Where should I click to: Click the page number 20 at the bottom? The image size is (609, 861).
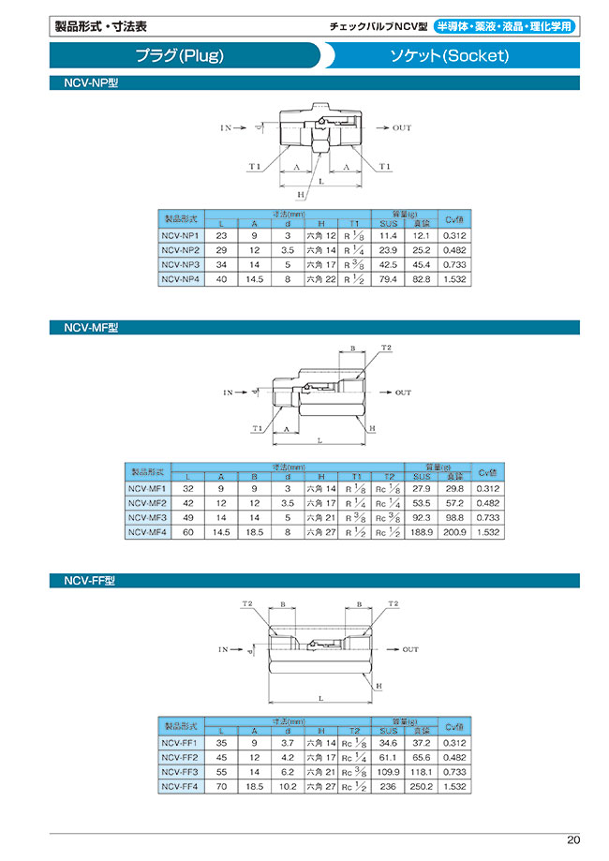point(573,839)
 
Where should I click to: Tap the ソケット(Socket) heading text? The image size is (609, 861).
point(449,55)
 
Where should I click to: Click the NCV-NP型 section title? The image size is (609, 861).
point(90,83)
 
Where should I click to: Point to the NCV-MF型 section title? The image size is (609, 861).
point(91,328)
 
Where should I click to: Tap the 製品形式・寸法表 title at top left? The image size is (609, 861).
point(101,27)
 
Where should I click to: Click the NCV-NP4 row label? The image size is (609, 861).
point(180,278)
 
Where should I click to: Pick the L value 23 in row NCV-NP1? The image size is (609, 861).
point(221,236)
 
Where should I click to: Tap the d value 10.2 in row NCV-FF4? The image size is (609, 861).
point(289,788)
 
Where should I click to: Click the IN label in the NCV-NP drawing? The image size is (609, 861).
point(226,126)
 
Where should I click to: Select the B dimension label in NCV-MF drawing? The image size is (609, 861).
point(352,348)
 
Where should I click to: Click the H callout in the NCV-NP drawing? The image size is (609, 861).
point(301,194)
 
